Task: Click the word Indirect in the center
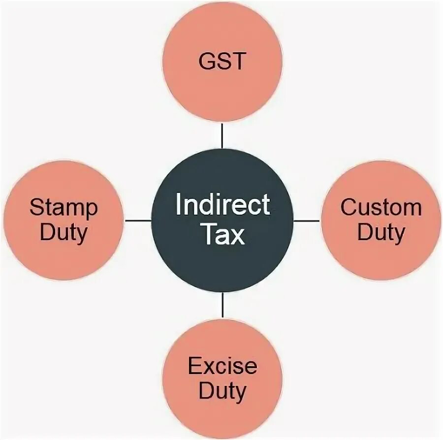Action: point(222,205)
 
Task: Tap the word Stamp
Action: point(64,208)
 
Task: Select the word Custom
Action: point(380,207)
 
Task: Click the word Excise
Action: point(222,366)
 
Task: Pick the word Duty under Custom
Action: point(380,232)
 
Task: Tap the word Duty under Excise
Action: point(222,391)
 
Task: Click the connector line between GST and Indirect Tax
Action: point(222,136)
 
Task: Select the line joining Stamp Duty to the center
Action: point(138,220)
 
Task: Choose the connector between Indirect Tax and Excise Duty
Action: point(222,306)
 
